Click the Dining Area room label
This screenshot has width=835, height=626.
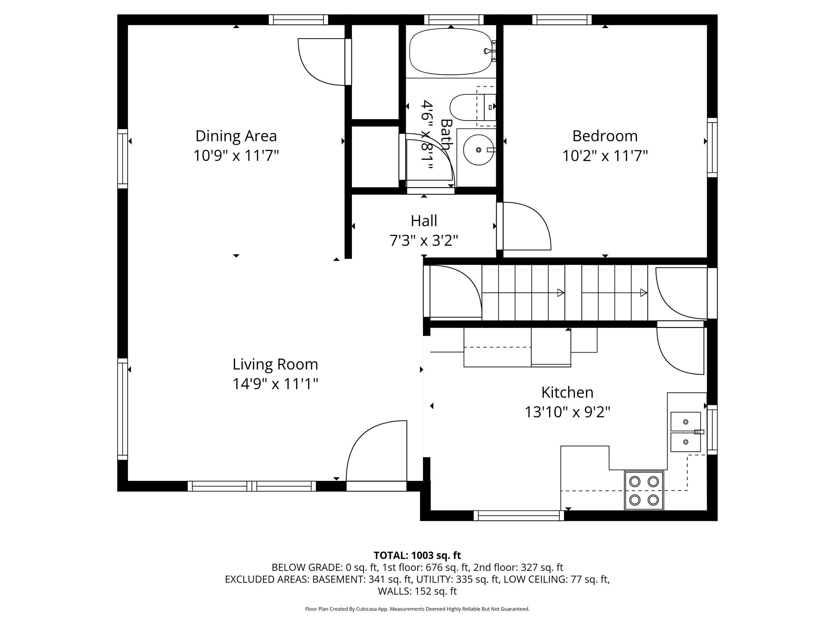pos(236,136)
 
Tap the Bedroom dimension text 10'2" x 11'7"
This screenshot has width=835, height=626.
pos(605,156)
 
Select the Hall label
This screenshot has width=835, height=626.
pos(424,221)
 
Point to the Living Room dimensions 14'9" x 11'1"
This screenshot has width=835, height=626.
pos(275,384)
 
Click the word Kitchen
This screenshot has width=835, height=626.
pos(567,393)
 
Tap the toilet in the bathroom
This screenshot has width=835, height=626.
pos(473,107)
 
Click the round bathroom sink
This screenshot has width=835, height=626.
pos(478,150)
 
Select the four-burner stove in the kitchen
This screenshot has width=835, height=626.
pos(644,491)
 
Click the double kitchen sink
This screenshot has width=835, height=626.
pos(686,432)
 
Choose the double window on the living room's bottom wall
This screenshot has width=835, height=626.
pos(252,486)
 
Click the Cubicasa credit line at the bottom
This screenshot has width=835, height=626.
pos(417,609)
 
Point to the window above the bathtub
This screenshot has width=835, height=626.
pos(454,20)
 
